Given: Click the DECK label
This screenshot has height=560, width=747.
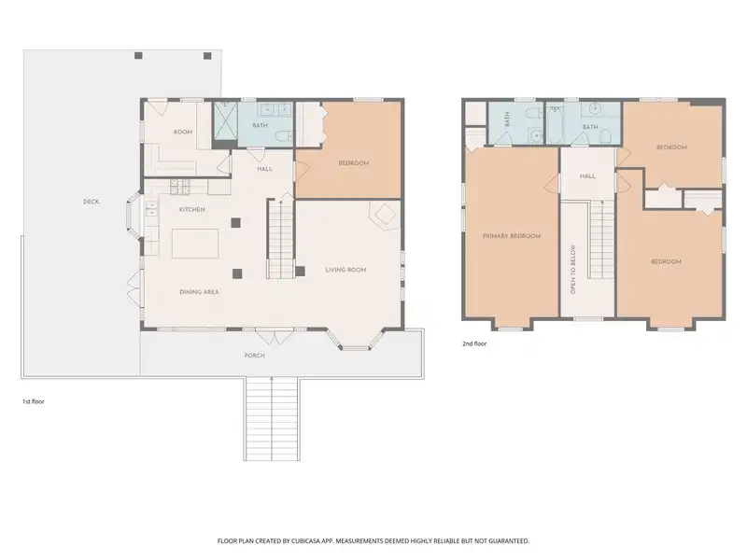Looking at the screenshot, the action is point(91,202).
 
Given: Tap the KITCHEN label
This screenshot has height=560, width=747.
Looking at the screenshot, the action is point(192,209).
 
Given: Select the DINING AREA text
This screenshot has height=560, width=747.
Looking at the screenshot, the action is point(199,292).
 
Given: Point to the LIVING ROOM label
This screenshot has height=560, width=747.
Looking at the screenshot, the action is point(345,270).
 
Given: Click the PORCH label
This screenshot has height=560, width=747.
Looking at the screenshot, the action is point(254,356).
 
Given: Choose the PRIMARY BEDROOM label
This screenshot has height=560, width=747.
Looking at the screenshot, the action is point(512,236).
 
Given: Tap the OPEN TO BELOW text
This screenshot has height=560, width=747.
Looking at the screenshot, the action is point(573,269).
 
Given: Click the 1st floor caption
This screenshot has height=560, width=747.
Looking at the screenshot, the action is point(34,401).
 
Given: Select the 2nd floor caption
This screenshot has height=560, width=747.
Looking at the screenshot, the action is point(474,343).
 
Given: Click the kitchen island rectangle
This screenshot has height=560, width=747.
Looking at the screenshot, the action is point(195,244).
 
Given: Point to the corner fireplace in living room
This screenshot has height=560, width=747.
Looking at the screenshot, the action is point(384,216).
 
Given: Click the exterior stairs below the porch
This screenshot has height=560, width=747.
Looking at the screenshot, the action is point(272,418).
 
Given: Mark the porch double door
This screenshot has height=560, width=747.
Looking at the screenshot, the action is point(274,336).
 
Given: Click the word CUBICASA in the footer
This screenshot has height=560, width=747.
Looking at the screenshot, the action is point(306,541).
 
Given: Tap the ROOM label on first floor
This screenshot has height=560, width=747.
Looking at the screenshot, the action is point(183,132).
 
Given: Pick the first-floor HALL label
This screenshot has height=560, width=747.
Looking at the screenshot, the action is point(265,169).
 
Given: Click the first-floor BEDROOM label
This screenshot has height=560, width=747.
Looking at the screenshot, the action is point(354,162).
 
